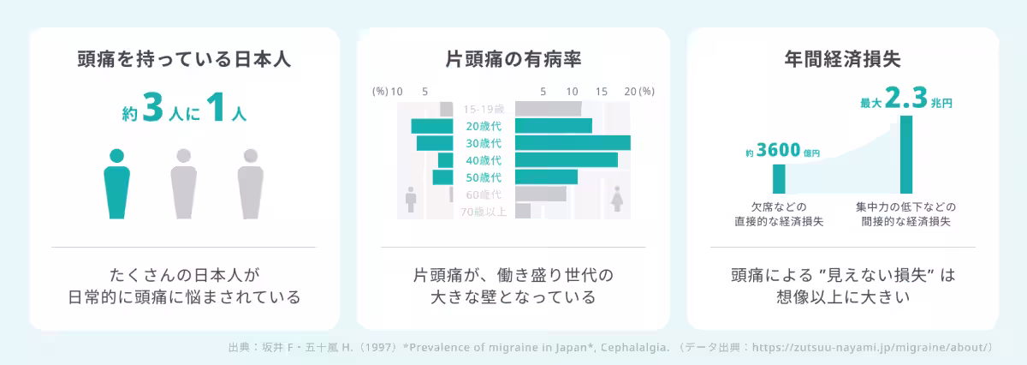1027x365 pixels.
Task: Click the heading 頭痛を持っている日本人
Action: [x=184, y=60]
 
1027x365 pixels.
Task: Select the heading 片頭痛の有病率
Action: [x=513, y=60]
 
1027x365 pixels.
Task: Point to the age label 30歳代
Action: [x=484, y=143]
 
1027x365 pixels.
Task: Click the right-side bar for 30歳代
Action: [x=573, y=143]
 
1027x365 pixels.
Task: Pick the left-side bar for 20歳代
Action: [x=431, y=126]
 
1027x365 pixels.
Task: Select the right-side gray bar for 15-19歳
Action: [x=548, y=109]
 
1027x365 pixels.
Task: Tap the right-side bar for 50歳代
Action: [x=546, y=177]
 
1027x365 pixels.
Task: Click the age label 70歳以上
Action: [x=484, y=212]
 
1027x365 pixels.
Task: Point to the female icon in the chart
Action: [x=616, y=198]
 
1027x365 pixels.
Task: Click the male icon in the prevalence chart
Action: [x=411, y=200]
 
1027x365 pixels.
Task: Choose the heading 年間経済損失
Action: [x=842, y=60]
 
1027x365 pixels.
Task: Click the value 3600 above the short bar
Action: [x=779, y=152]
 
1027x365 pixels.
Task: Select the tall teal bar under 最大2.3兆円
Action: [x=906, y=154]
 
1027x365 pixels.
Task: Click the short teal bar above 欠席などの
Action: [x=779, y=178]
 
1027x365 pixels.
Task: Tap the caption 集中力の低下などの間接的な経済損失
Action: [x=905, y=215]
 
